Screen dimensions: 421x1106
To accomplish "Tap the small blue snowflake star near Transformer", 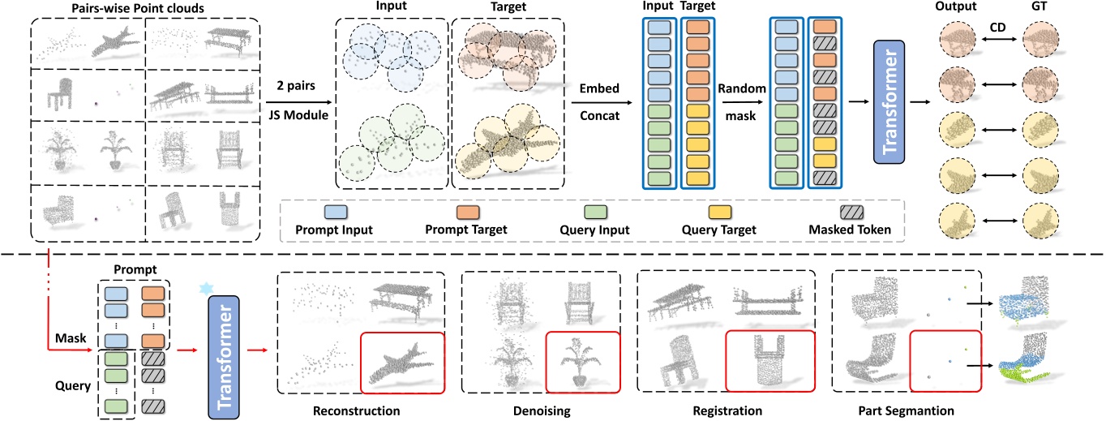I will click(x=205, y=289).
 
